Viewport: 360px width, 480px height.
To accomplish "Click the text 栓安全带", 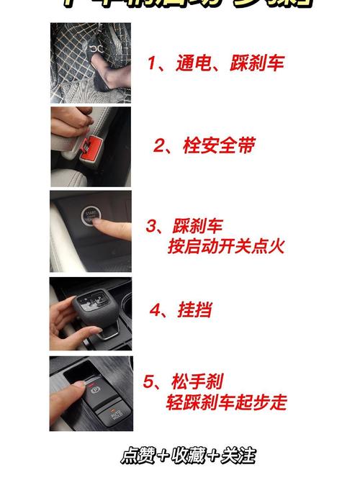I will point(219,146).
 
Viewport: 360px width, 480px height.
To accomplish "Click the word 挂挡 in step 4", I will point(194,310).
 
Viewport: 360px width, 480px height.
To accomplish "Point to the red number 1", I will point(153,63).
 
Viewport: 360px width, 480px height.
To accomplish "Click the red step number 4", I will point(156,310).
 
